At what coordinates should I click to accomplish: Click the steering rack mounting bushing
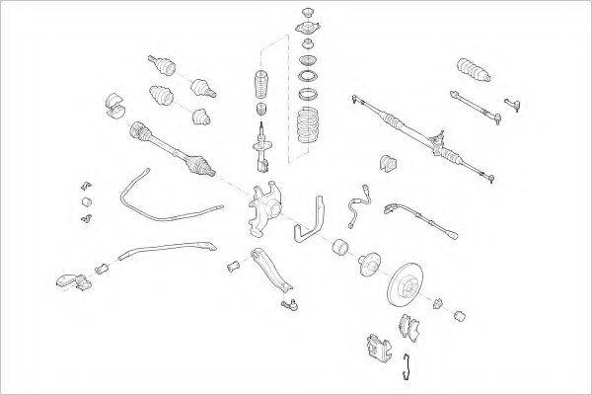[x=386, y=163]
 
